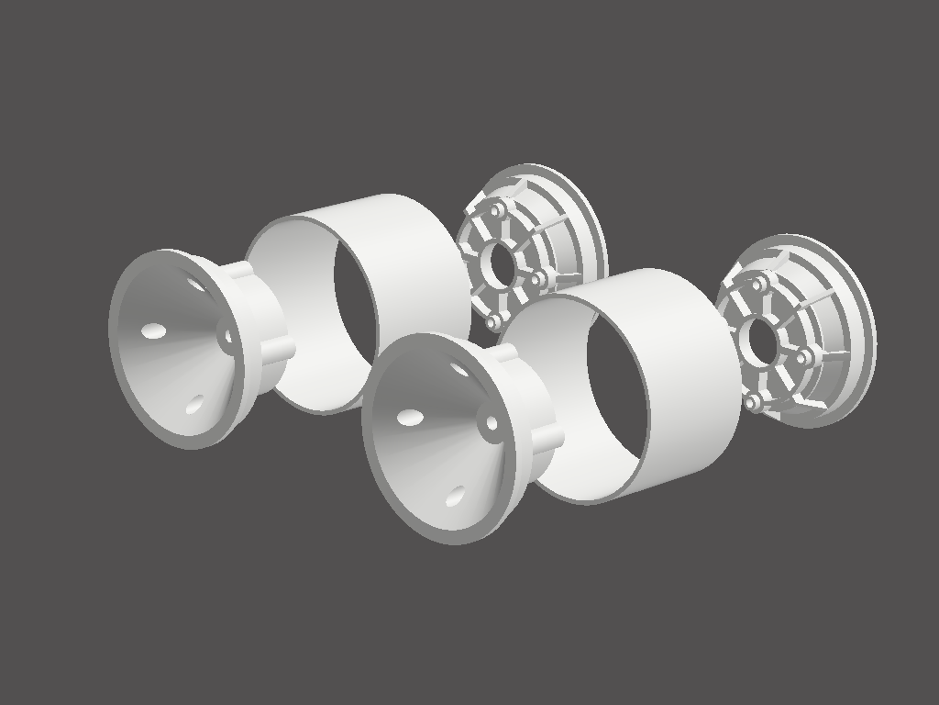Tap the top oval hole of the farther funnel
(196, 284)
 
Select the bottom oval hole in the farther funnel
(194, 405)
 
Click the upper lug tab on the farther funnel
(238, 270)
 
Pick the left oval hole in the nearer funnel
(410, 418)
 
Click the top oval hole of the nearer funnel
(458, 369)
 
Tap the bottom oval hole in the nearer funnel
(455, 497)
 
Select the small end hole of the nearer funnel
(492, 423)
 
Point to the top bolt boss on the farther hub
(498, 211)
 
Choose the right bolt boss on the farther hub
(539, 276)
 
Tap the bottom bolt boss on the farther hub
(494, 321)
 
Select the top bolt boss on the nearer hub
(758, 285)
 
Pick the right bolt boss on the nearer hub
(805, 355)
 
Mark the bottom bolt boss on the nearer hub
(754, 401)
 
